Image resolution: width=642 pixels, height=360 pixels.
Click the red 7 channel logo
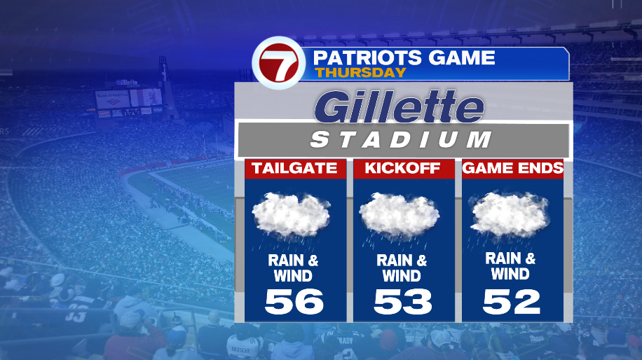278,64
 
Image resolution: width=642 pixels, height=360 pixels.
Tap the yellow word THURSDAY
360,72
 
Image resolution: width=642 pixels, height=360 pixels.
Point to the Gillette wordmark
399,106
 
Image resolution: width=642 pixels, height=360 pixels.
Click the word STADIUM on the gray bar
401,140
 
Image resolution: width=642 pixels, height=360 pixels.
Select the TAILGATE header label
294,168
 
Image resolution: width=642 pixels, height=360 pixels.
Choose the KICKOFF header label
402,168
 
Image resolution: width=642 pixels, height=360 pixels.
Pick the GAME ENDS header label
512,168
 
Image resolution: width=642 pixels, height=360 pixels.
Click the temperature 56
294,301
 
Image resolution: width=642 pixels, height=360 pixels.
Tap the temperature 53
402,301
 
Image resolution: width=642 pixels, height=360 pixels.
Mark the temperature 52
512,301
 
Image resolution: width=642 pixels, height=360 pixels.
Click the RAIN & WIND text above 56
293,268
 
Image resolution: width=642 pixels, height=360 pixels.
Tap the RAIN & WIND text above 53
402,268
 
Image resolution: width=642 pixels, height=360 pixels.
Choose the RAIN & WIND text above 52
510,266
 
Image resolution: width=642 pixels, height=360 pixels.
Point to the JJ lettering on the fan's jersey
76,317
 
